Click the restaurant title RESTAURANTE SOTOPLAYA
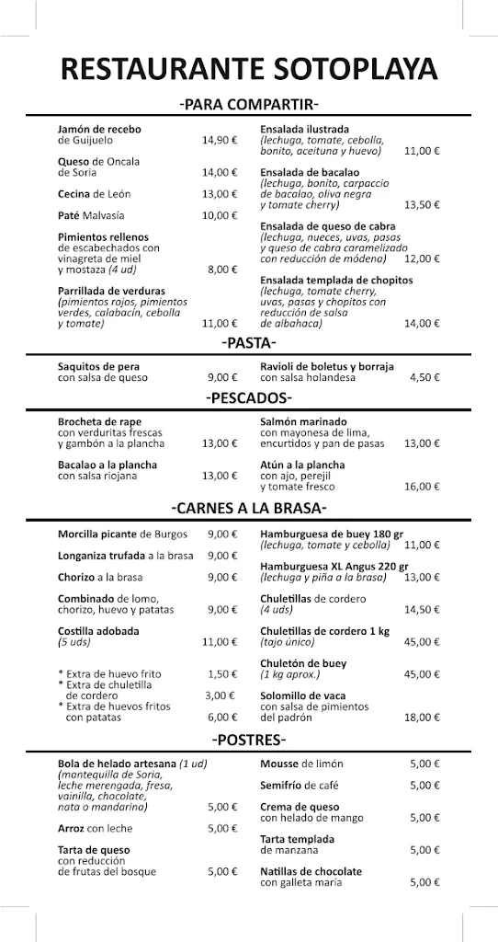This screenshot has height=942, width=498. point(248,69)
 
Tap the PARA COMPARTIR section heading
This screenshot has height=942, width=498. point(249,104)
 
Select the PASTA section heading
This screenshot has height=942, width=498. point(249,343)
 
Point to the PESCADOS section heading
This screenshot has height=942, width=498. point(249,398)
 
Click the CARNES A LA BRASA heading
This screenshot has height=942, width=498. point(249,508)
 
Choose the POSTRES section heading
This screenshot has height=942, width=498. point(249,740)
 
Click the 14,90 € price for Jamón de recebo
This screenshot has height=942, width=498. point(220,141)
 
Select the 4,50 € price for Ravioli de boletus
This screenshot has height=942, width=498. point(424,377)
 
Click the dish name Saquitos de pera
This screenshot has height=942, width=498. point(99,366)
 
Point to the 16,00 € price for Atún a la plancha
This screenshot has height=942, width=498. point(423,487)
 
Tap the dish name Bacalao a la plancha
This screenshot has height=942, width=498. point(108,465)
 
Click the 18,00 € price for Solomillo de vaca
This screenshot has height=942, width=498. point(423,718)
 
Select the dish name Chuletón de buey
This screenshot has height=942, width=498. point(302,663)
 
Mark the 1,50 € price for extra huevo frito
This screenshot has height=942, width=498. point(222,674)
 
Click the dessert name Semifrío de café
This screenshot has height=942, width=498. point(300,785)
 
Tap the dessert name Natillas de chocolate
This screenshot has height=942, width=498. point(311,871)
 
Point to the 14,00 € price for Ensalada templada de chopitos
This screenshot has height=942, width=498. point(423,323)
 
